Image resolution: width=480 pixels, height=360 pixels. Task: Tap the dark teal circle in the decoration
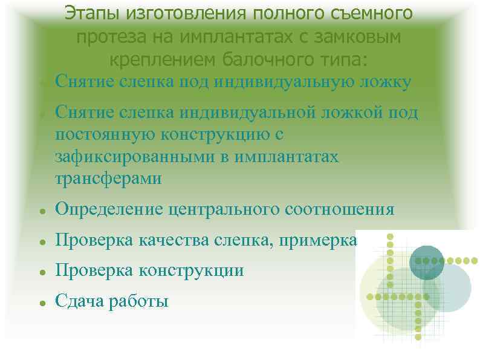(x=427, y=263)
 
